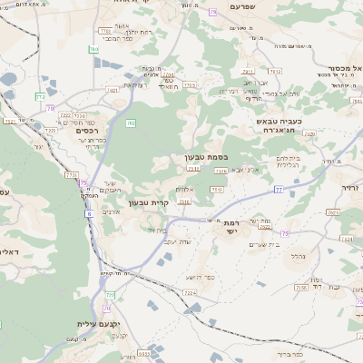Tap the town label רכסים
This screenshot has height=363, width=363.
(x=74, y=130)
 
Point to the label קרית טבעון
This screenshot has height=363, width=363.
(x=149, y=201)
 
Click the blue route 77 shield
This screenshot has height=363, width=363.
(x=279, y=189)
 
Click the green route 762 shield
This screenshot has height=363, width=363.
(x=131, y=123)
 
